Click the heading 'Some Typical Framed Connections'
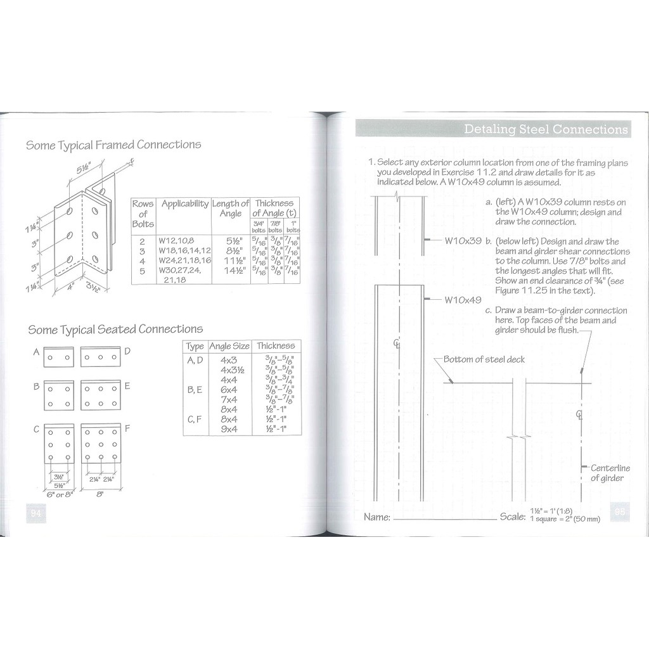pyautogui.click(x=113, y=145)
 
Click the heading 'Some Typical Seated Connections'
pyautogui.click(x=115, y=330)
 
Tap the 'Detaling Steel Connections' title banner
pyautogui.click(x=545, y=129)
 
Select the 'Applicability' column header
pyautogui.click(x=184, y=204)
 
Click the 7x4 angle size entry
pyautogui.click(x=228, y=399)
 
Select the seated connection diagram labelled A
pyautogui.click(x=58, y=357)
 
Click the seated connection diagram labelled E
pyautogui.click(x=101, y=395)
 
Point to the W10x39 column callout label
pyautogui.click(x=463, y=241)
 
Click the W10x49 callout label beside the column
pyautogui.click(x=463, y=300)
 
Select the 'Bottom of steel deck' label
pyautogui.click(x=484, y=360)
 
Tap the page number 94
pyautogui.click(x=35, y=514)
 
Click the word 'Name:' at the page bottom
pyautogui.click(x=377, y=517)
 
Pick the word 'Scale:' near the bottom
pyautogui.click(x=512, y=517)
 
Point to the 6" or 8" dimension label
pyautogui.click(x=60, y=494)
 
